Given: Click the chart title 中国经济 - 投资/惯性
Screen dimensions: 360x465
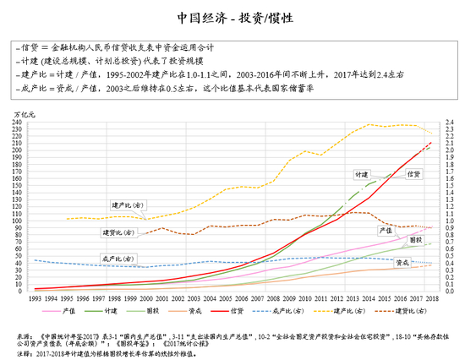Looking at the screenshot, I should click(x=232, y=18).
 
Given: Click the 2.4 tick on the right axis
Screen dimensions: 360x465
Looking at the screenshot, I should click(x=447, y=123).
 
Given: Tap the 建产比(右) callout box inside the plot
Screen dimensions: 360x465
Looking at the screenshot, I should click(x=128, y=205).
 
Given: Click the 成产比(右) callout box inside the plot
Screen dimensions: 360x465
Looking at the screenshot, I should click(x=114, y=259).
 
